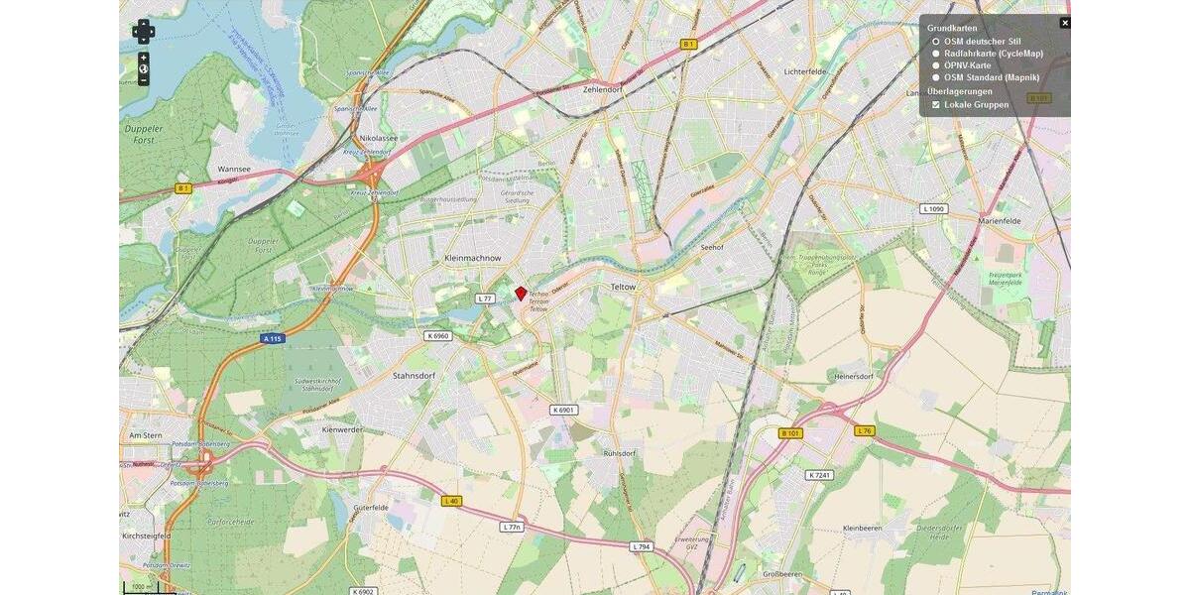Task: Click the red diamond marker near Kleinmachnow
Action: [x=521, y=294]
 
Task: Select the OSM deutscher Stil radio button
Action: [x=936, y=42]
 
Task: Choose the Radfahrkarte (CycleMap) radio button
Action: [x=936, y=54]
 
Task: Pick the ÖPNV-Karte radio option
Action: [x=936, y=65]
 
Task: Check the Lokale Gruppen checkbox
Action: [x=936, y=104]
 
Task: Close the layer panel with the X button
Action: [x=1065, y=23]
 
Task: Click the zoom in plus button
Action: [x=144, y=58]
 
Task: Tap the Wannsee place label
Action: [x=234, y=170]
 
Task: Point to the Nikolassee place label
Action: [x=379, y=139]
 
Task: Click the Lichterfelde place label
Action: [x=804, y=72]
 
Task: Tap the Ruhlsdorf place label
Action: [x=619, y=453]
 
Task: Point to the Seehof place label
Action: [x=713, y=247]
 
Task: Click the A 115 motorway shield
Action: [x=273, y=339]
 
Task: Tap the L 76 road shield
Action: [x=864, y=430]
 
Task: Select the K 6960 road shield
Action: [x=437, y=336]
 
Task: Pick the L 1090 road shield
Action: [x=933, y=209]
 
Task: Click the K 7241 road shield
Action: [x=819, y=475]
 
